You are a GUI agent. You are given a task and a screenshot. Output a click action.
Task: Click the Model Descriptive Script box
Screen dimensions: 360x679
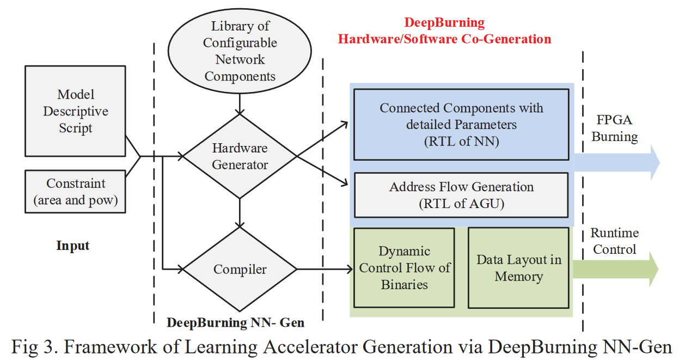tap(76, 112)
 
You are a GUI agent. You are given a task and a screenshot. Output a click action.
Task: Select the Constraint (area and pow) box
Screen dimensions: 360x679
tap(76, 192)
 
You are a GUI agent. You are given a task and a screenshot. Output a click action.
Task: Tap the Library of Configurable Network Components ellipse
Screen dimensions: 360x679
tap(240, 52)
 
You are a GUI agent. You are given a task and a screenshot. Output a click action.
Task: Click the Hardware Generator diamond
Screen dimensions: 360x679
tap(240, 156)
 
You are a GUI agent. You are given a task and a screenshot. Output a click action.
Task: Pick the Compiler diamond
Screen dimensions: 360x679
tap(240, 269)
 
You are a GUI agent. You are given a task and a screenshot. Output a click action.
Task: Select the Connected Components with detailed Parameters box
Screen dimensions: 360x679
tap(461, 125)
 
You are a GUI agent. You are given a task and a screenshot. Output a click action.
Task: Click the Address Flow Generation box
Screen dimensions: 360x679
tap(461, 195)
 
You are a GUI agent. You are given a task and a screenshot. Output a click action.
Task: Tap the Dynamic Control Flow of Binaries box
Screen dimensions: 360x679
tap(404, 267)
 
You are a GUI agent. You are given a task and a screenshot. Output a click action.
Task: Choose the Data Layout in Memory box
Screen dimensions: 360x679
tap(518, 267)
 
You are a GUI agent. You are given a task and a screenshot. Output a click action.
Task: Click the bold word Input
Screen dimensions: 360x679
tap(72, 246)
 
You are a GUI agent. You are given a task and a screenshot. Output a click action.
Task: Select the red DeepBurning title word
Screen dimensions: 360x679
tap(444, 23)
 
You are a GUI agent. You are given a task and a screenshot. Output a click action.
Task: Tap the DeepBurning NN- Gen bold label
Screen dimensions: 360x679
tap(235, 322)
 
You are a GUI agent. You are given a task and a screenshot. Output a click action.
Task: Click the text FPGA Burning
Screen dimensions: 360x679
tap(615, 129)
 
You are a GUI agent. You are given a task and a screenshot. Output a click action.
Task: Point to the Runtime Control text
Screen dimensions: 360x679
tap(615, 241)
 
